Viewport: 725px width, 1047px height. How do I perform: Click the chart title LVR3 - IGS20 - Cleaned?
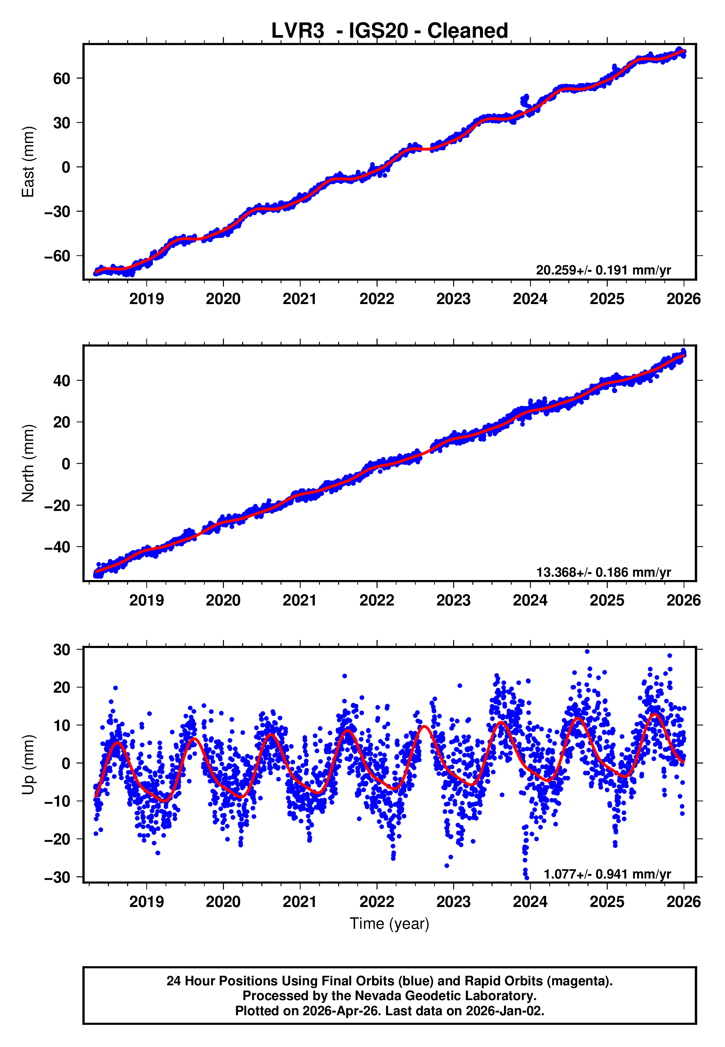[389, 31]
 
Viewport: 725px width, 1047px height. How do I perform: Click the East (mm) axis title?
[28, 162]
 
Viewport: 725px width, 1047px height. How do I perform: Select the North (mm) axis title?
[28, 463]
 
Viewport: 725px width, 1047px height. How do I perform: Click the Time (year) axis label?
[389, 924]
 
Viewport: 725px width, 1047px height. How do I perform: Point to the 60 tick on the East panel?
[62, 79]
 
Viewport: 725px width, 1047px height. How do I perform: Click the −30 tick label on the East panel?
[57, 212]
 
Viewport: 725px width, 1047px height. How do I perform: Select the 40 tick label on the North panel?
[62, 381]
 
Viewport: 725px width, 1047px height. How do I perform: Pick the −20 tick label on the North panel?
[57, 505]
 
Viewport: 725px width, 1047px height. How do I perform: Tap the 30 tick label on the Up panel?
[62, 650]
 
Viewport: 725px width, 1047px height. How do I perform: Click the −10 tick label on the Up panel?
[57, 801]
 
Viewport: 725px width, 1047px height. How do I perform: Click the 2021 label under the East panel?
[300, 299]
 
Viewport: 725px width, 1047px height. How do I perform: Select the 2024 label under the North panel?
[530, 600]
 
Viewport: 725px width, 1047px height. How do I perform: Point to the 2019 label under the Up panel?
[146, 901]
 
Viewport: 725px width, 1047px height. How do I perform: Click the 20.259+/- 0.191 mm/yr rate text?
[603, 270]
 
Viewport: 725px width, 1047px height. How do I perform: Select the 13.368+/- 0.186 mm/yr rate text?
[603, 572]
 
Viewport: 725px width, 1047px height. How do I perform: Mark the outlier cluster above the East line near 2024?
[525, 100]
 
